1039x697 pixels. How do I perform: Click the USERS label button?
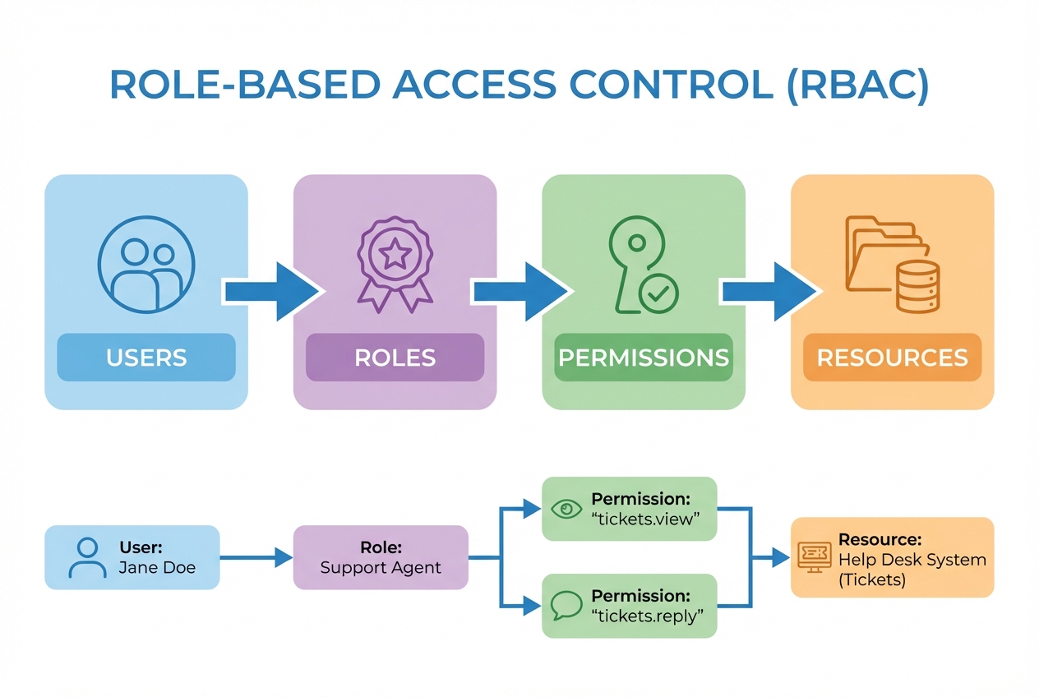pyautogui.click(x=146, y=358)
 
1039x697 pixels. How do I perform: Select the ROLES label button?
pyautogui.click(x=395, y=358)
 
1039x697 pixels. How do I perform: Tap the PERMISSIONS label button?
pyautogui.click(x=644, y=358)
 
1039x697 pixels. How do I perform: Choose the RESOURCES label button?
pyautogui.click(x=892, y=358)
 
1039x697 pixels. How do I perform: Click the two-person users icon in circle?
pyautogui.click(x=146, y=264)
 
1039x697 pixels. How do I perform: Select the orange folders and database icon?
pyautogui.click(x=892, y=264)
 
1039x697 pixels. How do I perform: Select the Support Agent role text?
pyautogui.click(x=381, y=568)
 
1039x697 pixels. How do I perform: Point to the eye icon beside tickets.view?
pyautogui.click(x=566, y=510)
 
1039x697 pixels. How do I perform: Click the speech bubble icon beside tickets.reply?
pyautogui.click(x=566, y=607)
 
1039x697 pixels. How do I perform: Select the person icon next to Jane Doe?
pyautogui.click(x=87, y=557)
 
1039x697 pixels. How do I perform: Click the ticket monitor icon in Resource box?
pyautogui.click(x=815, y=557)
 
